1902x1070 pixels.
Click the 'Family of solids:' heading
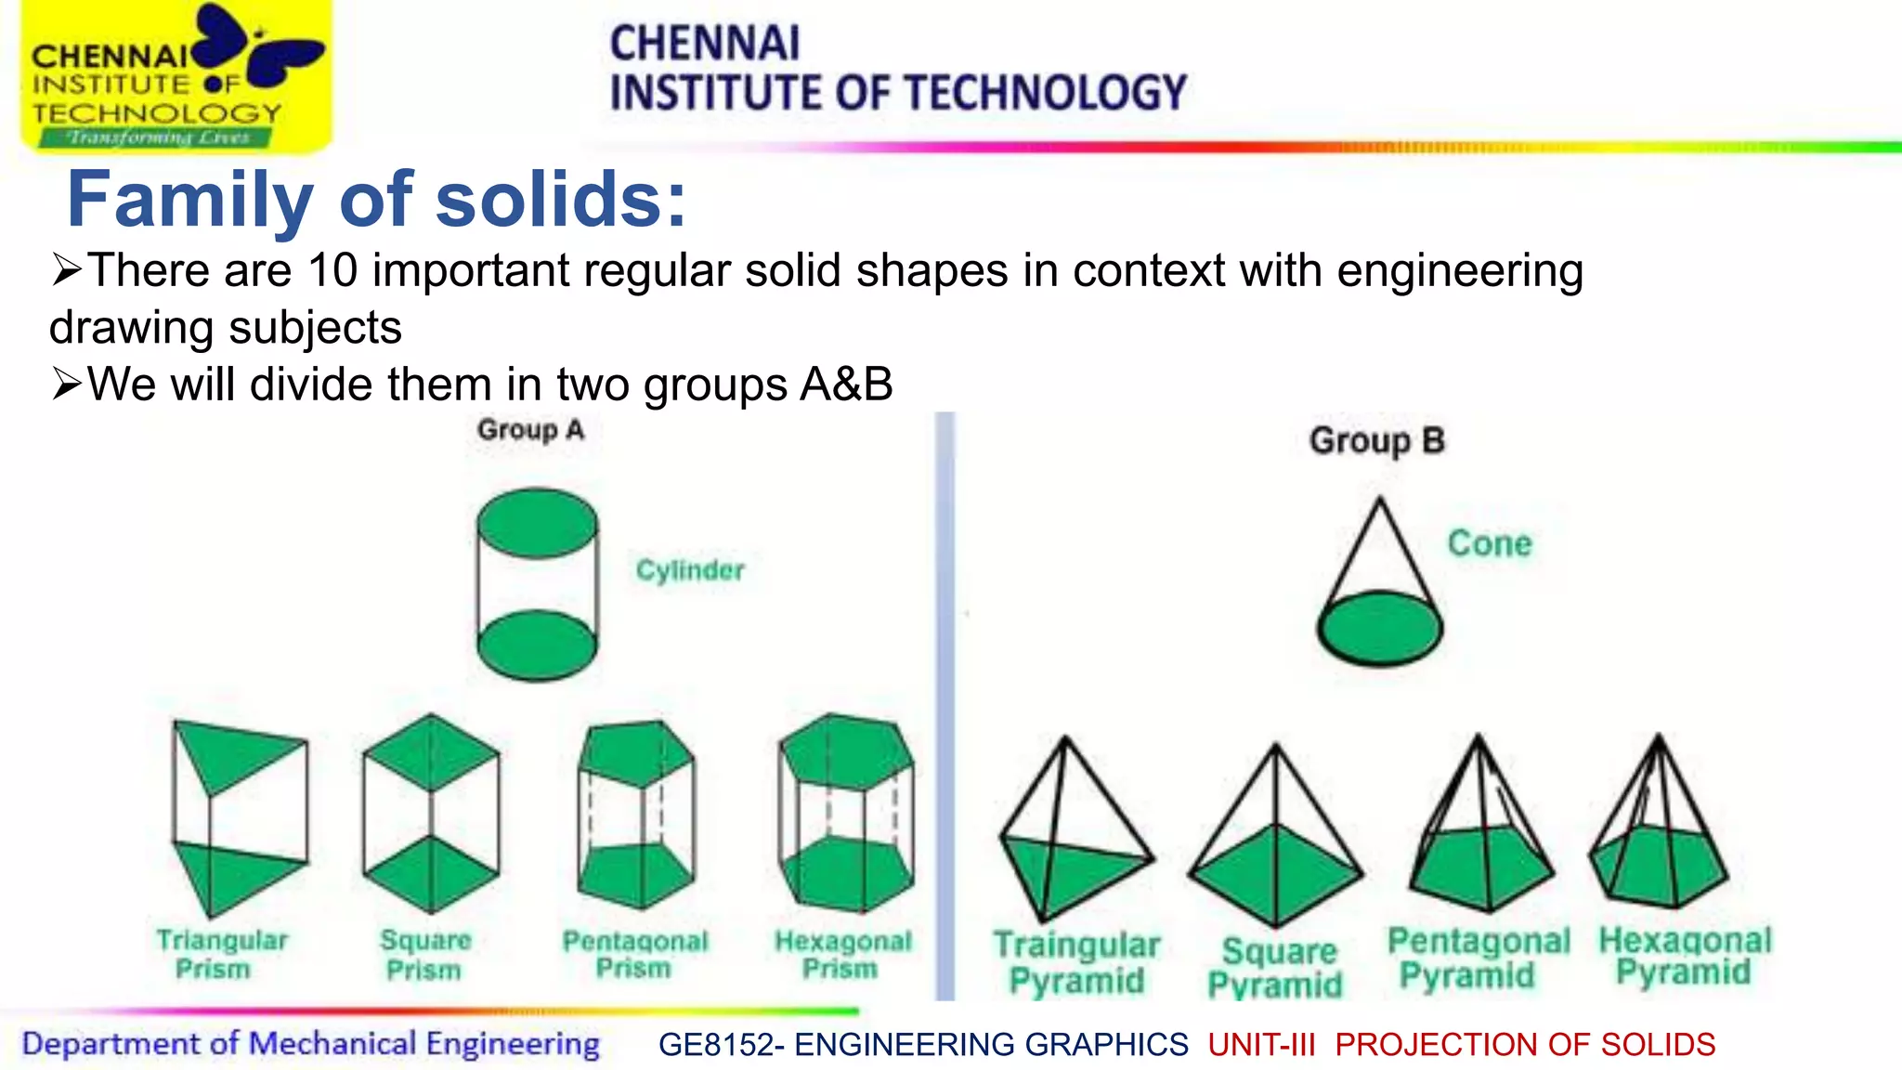[376, 200]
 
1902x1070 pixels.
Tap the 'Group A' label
[530, 430]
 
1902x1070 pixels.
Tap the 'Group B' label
[1376, 441]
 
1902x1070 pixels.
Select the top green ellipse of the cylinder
[537, 524]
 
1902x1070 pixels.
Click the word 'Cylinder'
[689, 570]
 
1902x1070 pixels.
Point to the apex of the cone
[1380, 502]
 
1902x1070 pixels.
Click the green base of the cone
[1380, 629]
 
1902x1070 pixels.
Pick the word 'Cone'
[1489, 543]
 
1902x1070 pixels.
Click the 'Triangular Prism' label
[221, 954]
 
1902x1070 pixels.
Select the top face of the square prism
[431, 752]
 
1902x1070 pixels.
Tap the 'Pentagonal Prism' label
[634, 954]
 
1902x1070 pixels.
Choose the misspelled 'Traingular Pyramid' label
[1076, 962]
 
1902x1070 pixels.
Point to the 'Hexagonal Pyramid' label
[1684, 956]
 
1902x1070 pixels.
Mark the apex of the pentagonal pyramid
[1479, 737]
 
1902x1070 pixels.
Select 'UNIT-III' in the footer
[1261, 1045]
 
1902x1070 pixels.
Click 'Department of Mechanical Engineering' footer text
[310, 1044]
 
